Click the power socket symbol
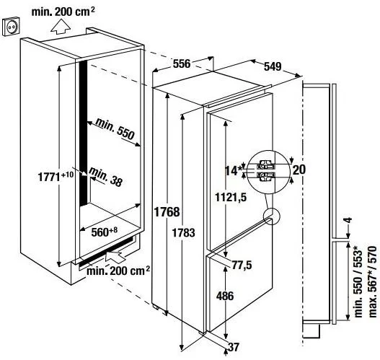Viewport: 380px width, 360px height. click(11, 27)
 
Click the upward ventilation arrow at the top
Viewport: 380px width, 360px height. click(61, 27)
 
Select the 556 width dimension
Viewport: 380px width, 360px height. click(182, 63)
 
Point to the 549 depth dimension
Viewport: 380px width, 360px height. click(273, 66)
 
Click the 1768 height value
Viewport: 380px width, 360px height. click(167, 212)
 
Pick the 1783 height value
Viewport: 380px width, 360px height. click(183, 233)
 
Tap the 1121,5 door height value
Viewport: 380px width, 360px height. click(231, 198)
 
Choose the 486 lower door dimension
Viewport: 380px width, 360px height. click(225, 296)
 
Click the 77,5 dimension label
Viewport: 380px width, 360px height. click(242, 265)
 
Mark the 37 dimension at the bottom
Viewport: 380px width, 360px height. click(234, 347)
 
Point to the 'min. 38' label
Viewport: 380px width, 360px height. click(105, 177)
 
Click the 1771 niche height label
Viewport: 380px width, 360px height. click(56, 176)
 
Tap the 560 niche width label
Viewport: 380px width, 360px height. click(105, 232)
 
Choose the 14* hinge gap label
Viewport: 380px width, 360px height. click(234, 170)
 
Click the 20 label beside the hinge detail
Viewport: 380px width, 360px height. click(299, 170)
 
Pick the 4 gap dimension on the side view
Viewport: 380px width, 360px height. click(348, 220)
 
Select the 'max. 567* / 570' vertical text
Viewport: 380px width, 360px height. click(373, 281)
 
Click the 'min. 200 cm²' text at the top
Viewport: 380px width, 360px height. click(63, 12)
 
